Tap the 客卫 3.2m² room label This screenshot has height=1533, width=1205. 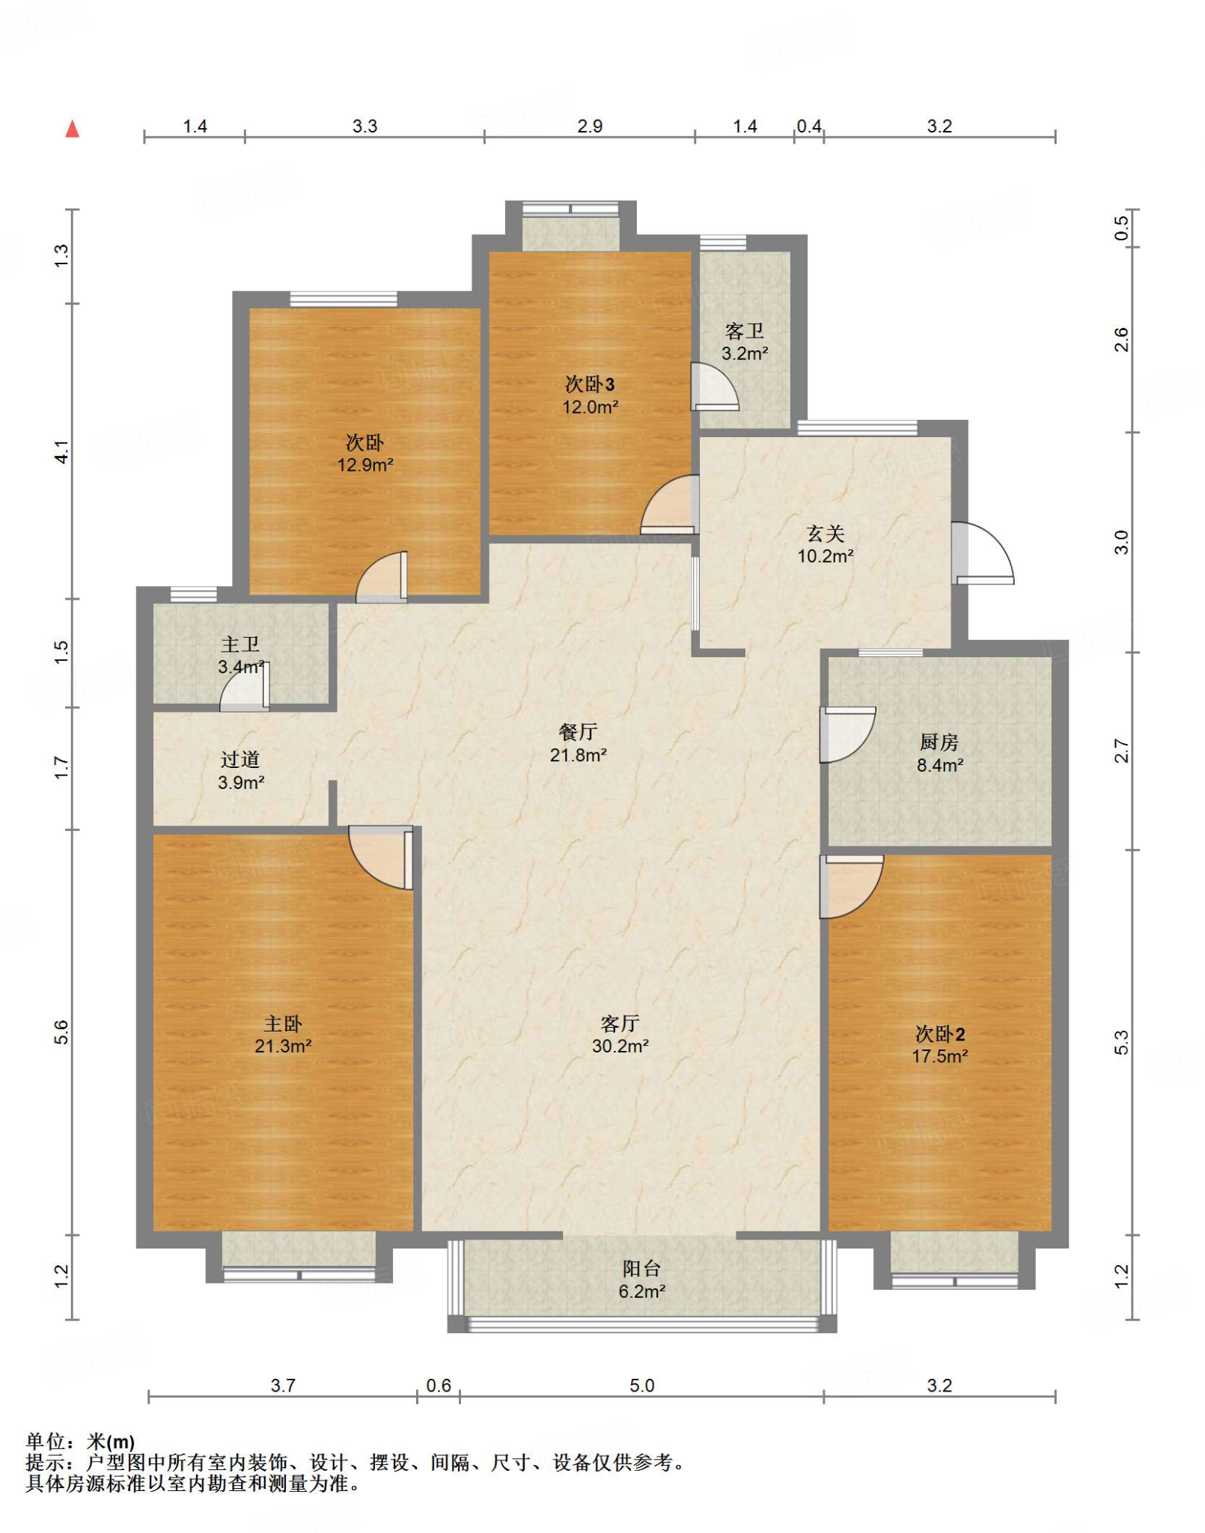[x=745, y=342]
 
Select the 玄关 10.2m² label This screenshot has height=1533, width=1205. [x=826, y=544]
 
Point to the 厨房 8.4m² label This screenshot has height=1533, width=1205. [x=939, y=753]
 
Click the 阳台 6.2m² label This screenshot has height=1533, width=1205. [x=642, y=1279]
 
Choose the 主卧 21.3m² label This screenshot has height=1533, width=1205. [x=283, y=1034]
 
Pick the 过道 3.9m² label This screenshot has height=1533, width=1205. [x=240, y=771]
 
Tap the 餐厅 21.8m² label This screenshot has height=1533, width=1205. [x=578, y=743]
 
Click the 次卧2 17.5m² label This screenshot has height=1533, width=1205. [x=940, y=1045]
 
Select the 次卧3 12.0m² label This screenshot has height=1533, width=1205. [x=591, y=395]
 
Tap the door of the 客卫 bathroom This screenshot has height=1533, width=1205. [x=714, y=387]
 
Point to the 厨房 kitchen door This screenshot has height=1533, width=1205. [x=848, y=734]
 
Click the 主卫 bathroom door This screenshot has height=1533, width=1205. [x=245, y=686]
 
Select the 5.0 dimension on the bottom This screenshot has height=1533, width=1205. [x=641, y=1386]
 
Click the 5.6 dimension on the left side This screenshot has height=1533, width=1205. [x=61, y=1032]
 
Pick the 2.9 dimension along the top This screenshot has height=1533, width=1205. [x=590, y=126]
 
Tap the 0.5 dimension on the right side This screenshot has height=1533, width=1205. [x=1120, y=228]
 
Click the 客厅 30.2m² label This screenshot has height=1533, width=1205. [x=620, y=1034]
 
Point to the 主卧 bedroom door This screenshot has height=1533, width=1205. [x=381, y=857]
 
